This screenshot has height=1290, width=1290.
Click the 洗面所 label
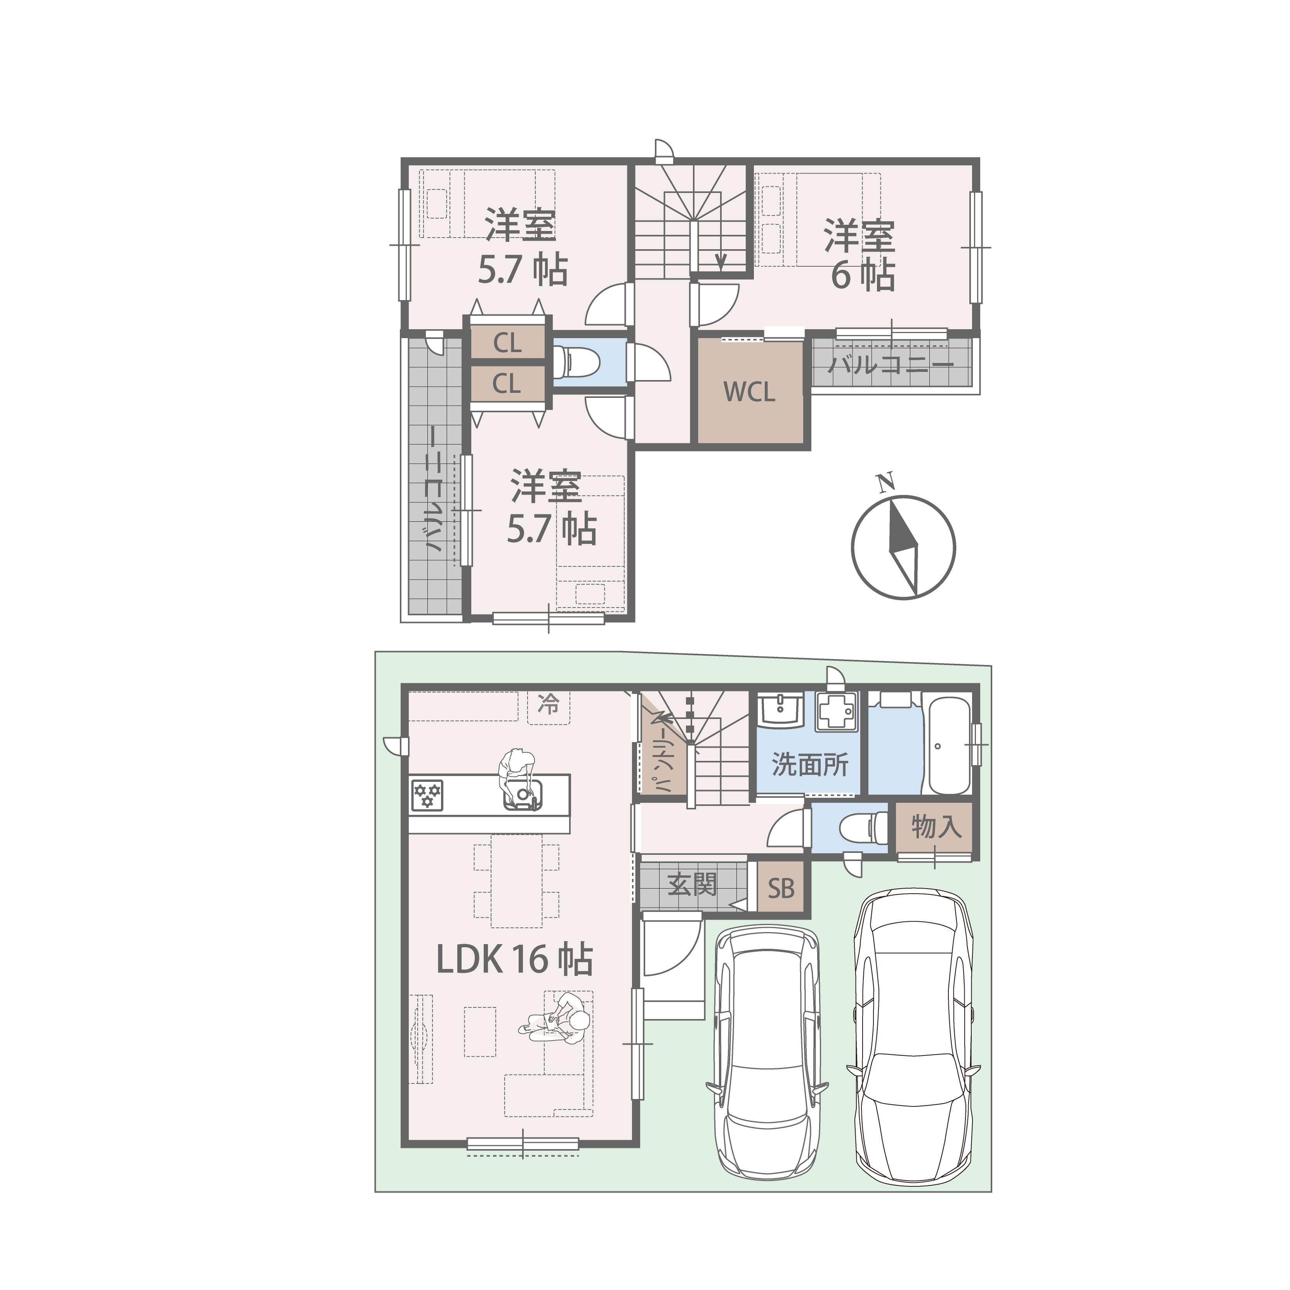pyautogui.click(x=810, y=764)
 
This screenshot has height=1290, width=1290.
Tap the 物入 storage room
pyautogui.click(x=934, y=828)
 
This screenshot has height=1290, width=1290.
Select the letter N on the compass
pyautogui.click(x=886, y=482)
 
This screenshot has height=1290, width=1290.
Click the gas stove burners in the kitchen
pyautogui.click(x=427, y=795)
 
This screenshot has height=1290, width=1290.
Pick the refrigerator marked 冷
pyautogui.click(x=549, y=707)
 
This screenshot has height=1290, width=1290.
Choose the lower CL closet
pyautogui.click(x=507, y=383)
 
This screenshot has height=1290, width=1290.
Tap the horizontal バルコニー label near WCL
pyautogui.click(x=891, y=365)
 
